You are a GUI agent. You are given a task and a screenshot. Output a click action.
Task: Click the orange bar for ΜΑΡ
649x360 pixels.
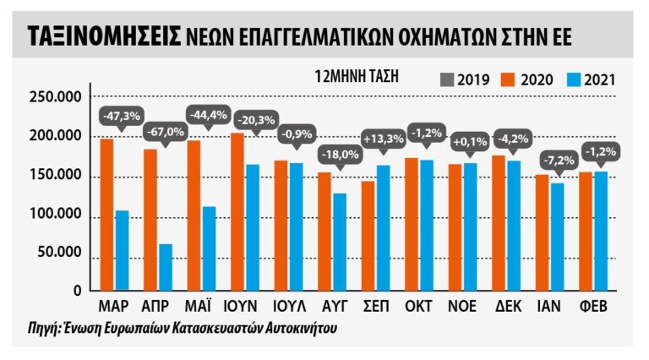[x=106, y=215]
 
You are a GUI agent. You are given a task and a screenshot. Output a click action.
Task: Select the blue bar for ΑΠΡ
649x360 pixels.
[x=165, y=267]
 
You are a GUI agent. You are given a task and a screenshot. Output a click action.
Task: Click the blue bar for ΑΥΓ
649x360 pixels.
[x=339, y=242]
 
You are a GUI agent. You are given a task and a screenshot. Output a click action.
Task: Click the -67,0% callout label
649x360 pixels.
[x=164, y=132]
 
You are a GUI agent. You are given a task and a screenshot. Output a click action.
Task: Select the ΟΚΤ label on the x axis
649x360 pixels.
[x=420, y=305]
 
